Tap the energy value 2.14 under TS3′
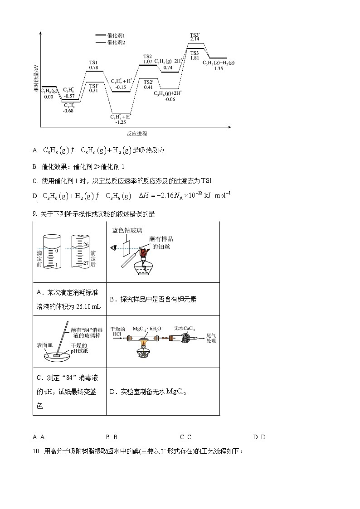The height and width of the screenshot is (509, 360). click(195, 39)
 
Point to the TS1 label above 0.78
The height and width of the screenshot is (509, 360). click(93, 62)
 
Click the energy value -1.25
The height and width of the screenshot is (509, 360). click(121, 122)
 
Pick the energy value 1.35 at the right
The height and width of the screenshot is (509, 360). click(218, 68)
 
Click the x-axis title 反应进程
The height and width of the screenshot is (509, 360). click(136, 134)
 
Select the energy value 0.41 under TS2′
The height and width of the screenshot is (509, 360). click(148, 87)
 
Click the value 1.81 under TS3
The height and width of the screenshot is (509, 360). click(195, 58)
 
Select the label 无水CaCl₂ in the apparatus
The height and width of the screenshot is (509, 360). click(185, 328)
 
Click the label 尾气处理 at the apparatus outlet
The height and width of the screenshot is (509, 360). click(211, 338)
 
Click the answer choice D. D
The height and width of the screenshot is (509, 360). click(259, 437)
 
